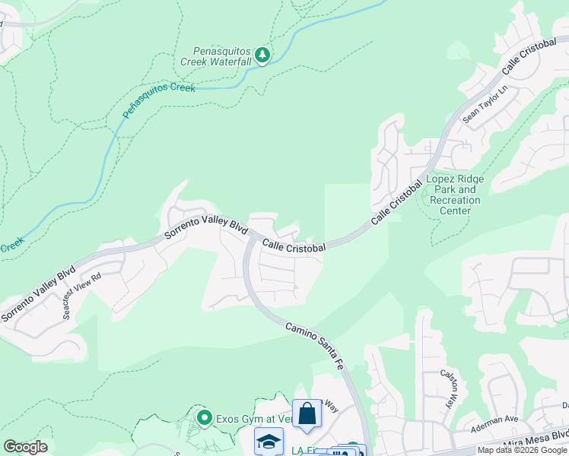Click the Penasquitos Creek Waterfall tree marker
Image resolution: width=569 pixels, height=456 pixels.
coord(262,55)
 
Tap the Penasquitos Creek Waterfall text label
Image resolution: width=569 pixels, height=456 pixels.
coord(216,55)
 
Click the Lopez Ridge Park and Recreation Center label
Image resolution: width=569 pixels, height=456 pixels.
coord(455,195)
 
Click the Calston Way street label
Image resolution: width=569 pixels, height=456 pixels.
coord(450,388)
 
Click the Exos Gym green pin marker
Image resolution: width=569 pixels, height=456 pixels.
coord(204,417)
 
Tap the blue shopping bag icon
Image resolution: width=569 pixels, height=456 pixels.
coord(307,414)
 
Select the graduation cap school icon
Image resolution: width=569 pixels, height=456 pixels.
coord(269,442)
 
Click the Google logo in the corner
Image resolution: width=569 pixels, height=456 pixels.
coord(25,447)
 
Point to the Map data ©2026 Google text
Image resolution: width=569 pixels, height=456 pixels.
coord(521,450)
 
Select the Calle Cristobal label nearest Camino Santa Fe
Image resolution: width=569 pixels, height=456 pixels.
coord(294,246)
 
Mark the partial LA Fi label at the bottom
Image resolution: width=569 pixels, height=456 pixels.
coord(302,451)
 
